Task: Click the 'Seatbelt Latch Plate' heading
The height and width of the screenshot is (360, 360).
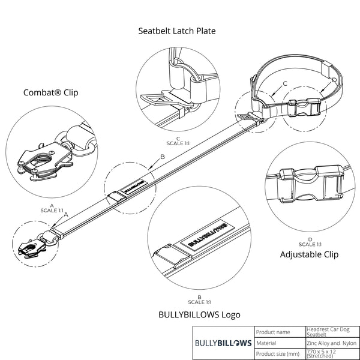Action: (177, 31)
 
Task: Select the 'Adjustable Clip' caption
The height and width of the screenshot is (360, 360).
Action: (309, 254)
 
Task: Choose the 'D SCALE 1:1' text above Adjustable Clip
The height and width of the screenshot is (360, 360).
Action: (310, 242)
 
